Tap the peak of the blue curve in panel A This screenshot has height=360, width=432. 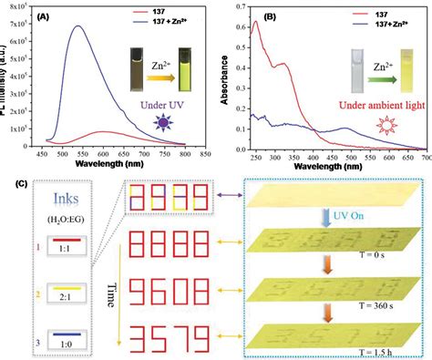tap(78, 26)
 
